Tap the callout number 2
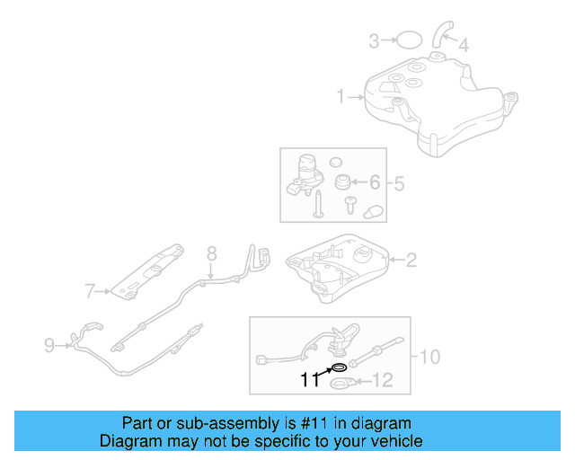tap(411, 261)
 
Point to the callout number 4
tap(463, 44)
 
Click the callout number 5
tap(398, 184)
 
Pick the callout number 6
tap(375, 183)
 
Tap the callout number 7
tap(90, 290)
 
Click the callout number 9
tap(49, 342)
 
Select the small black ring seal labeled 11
tap(339, 367)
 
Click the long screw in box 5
tap(317, 205)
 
